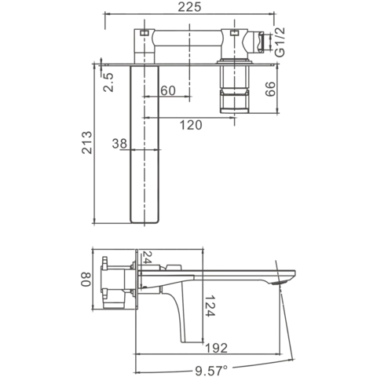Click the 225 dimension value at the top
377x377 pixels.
point(189,7)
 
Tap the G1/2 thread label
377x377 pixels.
point(280,42)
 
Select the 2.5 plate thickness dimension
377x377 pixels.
point(108,82)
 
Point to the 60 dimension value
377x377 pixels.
point(168,90)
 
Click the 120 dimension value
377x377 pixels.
point(191,125)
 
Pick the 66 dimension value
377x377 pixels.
point(270,89)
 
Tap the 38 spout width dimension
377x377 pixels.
point(119,144)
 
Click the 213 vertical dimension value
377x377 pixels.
point(87,143)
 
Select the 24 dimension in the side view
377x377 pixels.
point(148,258)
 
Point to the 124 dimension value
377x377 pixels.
point(210,306)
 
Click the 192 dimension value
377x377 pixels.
point(216,348)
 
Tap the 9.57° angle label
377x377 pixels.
point(211,370)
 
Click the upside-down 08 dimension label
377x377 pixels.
point(86,279)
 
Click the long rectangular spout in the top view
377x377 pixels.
point(145,144)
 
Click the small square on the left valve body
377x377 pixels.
point(145,33)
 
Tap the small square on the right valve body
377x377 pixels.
point(234,33)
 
